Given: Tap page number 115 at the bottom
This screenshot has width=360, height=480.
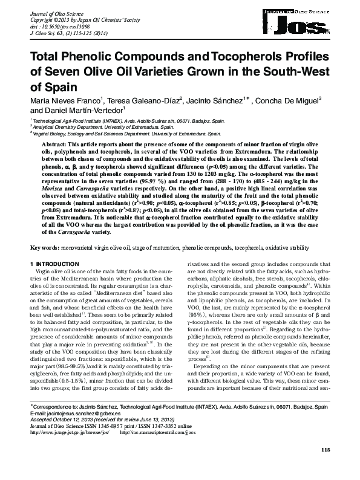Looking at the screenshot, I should (326, 466).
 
